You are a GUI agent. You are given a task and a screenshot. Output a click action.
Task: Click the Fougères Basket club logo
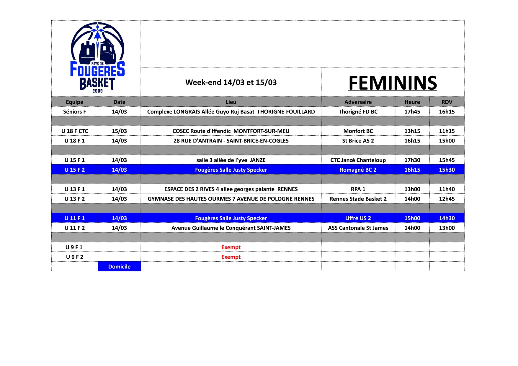[x=97, y=58]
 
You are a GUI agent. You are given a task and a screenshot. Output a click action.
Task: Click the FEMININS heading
[x=393, y=83]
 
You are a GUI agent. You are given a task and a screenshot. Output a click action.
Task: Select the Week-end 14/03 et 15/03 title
[x=231, y=82]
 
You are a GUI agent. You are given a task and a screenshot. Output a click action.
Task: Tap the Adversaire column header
[x=358, y=102]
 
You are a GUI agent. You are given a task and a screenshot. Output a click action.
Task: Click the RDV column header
[x=447, y=102]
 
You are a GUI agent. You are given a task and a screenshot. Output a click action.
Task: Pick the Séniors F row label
[x=74, y=112]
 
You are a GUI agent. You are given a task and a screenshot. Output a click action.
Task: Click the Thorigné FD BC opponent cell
[x=358, y=112]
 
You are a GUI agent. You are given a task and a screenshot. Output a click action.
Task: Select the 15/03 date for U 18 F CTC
[x=119, y=131]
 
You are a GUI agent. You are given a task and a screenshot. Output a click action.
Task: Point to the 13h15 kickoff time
[x=412, y=131]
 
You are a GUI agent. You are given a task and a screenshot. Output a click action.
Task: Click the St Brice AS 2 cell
[x=358, y=141]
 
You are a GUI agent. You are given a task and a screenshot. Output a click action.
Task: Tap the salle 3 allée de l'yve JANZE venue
[x=231, y=160]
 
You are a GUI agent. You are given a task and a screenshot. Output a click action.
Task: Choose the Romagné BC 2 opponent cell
[x=358, y=170]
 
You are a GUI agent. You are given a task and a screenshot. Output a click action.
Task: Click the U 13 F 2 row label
[x=74, y=199]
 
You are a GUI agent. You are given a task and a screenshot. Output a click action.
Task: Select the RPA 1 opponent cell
[x=358, y=189]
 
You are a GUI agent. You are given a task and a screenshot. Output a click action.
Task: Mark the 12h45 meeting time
[x=447, y=199]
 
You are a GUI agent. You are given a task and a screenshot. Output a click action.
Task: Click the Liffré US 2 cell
[x=358, y=218]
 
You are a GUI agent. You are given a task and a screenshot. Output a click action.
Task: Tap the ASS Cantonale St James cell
[x=358, y=228]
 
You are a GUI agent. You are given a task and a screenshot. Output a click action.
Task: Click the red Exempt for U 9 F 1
[x=231, y=247]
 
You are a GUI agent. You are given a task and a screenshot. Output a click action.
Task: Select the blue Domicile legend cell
[x=119, y=267]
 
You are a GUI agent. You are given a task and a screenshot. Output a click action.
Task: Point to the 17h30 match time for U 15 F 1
[x=412, y=160]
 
